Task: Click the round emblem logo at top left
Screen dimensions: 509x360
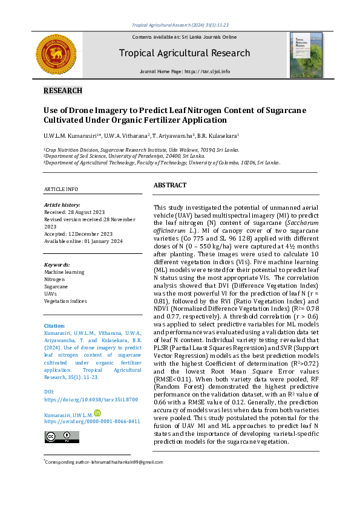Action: (57, 56)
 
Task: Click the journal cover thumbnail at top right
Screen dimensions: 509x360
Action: (306, 55)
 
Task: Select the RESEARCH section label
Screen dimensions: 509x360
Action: (63, 91)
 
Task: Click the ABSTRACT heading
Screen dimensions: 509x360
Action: (170, 185)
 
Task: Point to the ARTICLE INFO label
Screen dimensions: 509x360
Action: (61, 189)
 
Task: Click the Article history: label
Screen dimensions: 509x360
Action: (62, 205)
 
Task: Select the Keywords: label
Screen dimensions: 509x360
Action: (57, 265)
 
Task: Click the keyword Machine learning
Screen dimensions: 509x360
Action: (64, 272)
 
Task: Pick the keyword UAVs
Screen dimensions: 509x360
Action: (51, 293)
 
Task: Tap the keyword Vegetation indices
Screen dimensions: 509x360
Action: (66, 300)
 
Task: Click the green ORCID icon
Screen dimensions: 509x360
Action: (97, 413)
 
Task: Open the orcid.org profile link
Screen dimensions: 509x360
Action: (92, 421)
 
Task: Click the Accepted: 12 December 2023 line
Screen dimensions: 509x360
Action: (79, 234)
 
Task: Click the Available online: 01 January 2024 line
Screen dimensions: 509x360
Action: (83, 241)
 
